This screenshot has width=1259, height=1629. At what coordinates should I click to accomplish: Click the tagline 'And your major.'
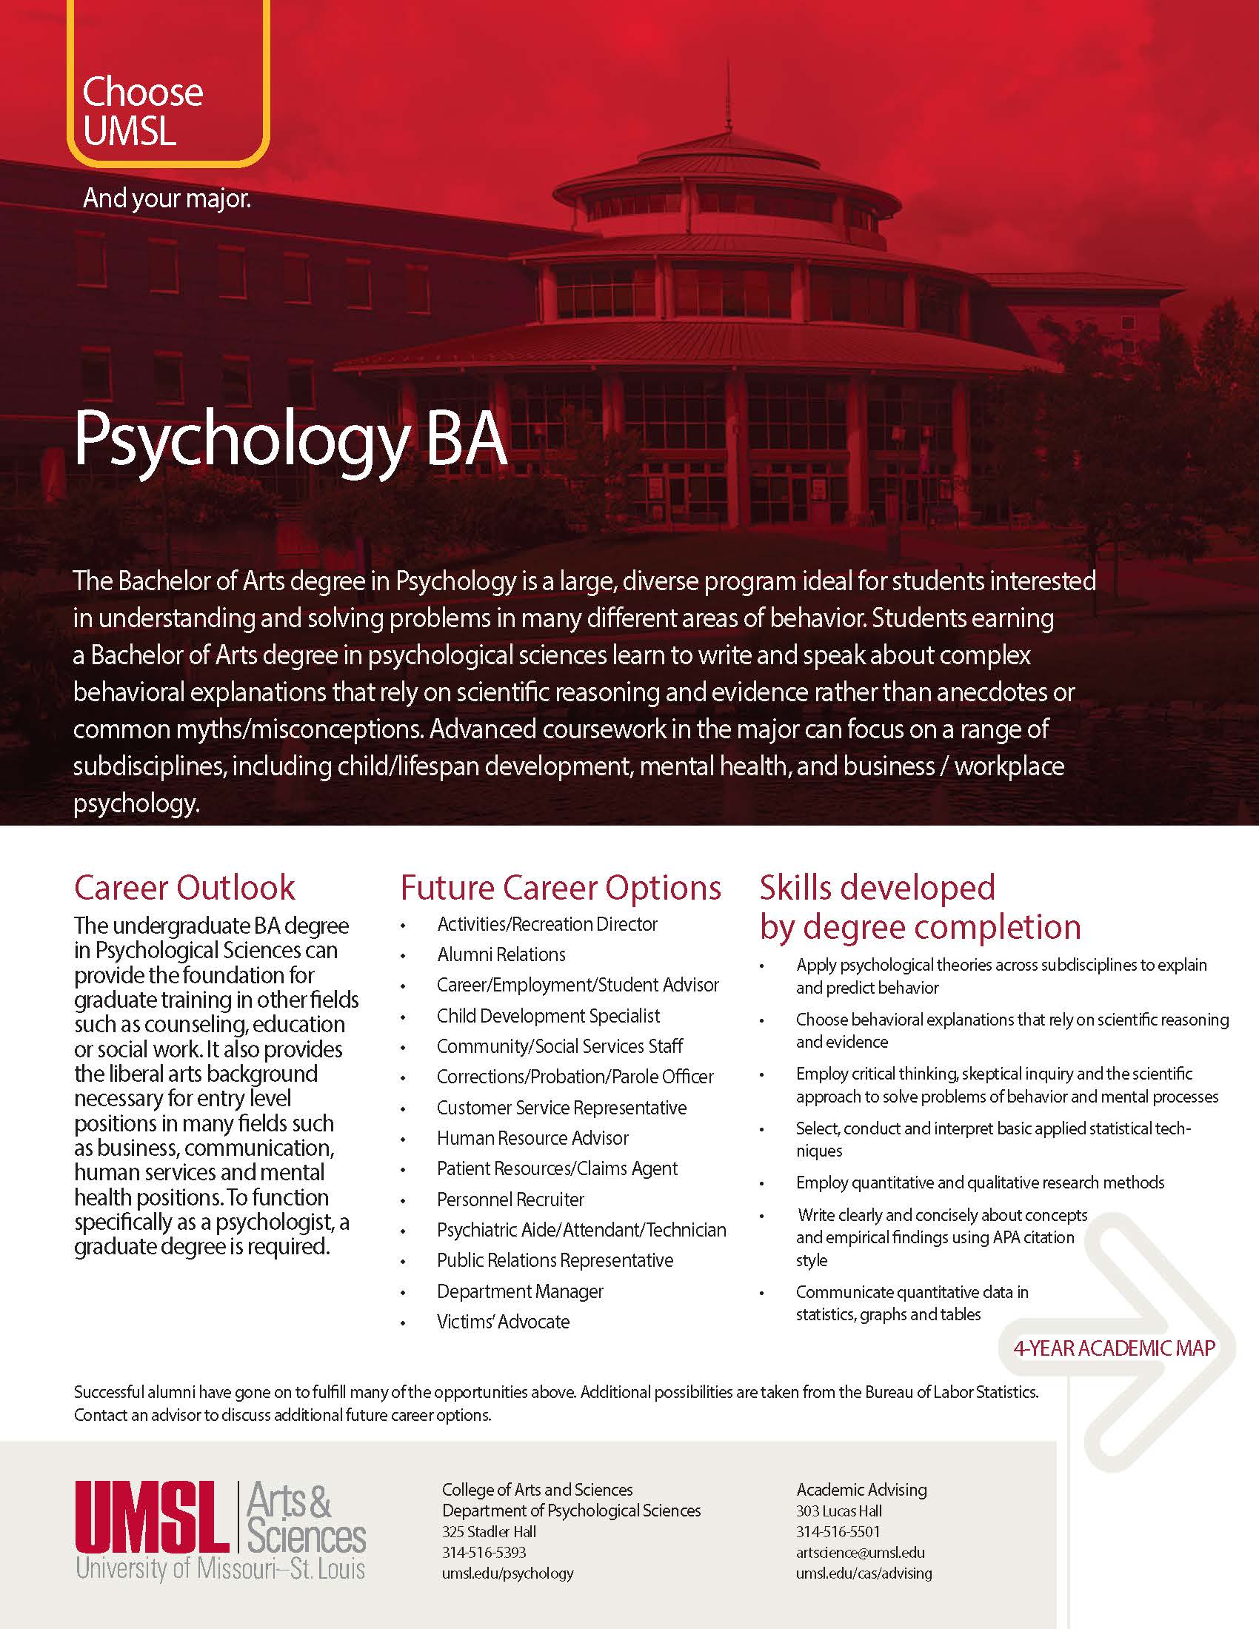167,198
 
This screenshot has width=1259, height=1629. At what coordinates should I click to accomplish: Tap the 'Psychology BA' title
291,440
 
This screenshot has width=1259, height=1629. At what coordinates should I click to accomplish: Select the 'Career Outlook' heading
184,888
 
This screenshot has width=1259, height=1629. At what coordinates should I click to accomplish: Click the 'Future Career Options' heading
561,888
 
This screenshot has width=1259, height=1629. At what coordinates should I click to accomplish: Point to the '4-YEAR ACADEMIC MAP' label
1115,1348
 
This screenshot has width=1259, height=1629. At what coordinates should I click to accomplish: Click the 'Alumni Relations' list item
501,954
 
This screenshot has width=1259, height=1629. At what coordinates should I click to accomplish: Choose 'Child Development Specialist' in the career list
548,1016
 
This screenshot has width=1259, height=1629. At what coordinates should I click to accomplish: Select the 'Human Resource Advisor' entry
532,1138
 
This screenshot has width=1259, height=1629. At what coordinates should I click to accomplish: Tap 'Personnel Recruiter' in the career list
510,1200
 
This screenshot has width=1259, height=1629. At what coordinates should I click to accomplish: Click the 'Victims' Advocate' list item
504,1322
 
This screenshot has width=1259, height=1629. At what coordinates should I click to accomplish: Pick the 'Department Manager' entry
520,1291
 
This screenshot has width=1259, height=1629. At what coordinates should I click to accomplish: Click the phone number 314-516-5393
484,1552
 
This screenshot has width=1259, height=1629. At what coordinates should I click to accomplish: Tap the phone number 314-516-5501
838,1531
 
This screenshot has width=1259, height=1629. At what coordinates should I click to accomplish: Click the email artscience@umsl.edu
860,1552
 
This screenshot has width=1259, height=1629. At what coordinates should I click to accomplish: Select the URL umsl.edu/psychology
508,1573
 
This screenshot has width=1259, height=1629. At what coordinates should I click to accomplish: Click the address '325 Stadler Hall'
489,1531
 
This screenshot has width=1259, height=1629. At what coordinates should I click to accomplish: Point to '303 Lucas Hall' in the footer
839,1511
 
